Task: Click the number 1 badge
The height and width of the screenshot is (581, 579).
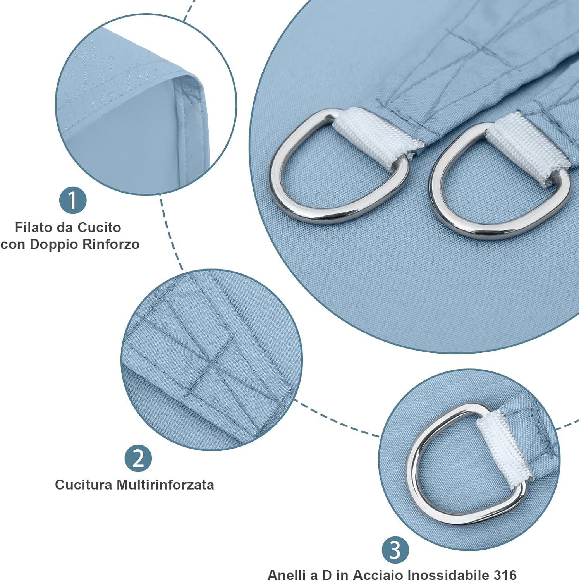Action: pos(73,200)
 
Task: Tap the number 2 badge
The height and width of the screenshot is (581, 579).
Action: pos(138,458)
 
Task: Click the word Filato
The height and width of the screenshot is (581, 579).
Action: pos(34,227)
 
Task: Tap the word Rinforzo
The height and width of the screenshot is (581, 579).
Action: pos(112,244)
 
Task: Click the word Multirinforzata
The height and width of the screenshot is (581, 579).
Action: pos(165,485)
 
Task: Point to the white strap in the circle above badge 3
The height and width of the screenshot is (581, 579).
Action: pos(503,449)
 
